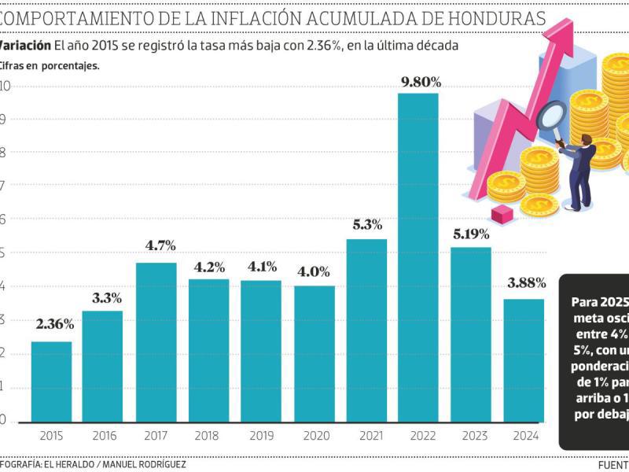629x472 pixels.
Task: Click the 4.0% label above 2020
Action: [314, 273]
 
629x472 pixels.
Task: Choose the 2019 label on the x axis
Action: [261, 435]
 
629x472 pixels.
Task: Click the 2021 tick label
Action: [366, 435]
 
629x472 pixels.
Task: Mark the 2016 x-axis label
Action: [104, 435]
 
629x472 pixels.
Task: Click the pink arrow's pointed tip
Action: [587, 28]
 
